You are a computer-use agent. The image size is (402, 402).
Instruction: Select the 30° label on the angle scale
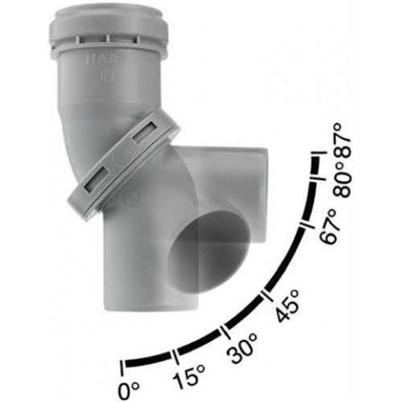tap(242, 347)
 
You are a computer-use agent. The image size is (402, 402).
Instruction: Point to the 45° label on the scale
tap(288, 306)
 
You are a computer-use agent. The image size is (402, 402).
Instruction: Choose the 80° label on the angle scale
tap(342, 180)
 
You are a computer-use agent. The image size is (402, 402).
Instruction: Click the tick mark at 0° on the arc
tap(122, 367)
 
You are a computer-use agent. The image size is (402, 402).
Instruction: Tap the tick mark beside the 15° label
tap(175, 357)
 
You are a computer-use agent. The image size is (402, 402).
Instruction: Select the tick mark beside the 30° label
tap(225, 332)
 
